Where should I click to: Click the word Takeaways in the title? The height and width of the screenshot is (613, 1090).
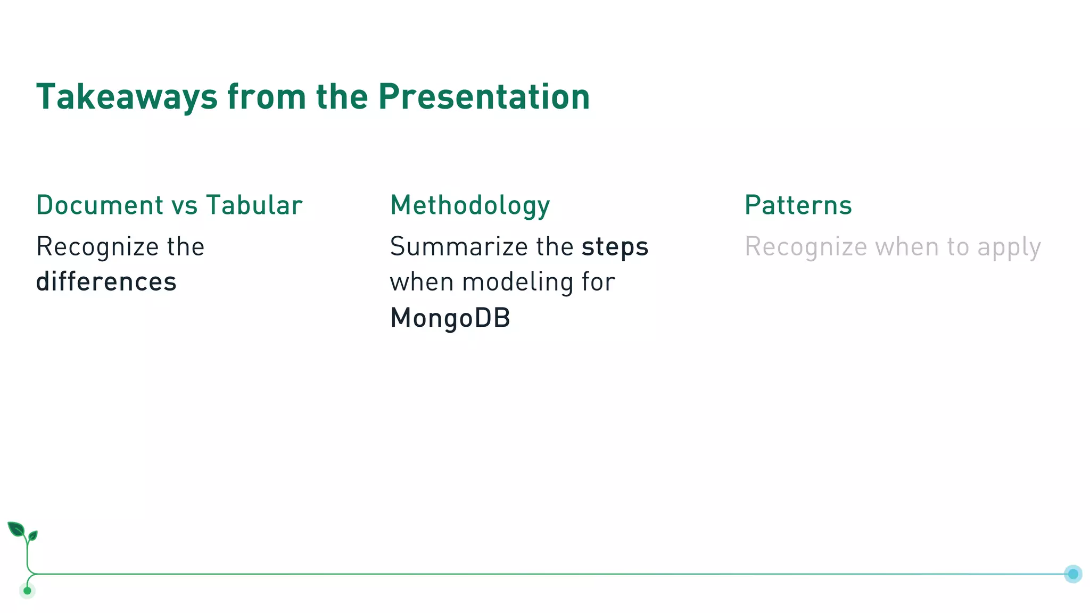point(127,97)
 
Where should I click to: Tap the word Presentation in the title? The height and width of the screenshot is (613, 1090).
point(484,97)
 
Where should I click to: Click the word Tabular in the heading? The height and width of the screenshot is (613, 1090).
point(254,205)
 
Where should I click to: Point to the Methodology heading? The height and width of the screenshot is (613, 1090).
point(470,206)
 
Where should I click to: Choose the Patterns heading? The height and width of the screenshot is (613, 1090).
point(798,205)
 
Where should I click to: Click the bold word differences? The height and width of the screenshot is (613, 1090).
point(106,282)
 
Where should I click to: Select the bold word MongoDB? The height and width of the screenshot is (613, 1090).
point(450,318)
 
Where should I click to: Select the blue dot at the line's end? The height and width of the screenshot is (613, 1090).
point(1072,574)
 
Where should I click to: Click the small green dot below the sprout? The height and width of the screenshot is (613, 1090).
point(27,590)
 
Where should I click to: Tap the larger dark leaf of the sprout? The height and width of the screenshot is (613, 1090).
point(16,529)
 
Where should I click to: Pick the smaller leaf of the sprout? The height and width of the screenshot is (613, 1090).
point(33,535)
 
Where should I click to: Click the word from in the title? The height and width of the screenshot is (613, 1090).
point(266,97)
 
